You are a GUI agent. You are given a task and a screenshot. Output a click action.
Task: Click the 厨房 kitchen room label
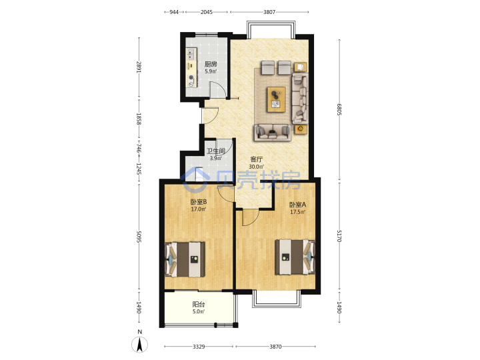point(211,64)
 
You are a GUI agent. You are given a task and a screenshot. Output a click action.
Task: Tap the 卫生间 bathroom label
point(216,151)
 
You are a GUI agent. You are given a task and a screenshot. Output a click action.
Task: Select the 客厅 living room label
point(256,159)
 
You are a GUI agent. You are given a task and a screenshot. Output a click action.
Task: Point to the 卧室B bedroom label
point(199,202)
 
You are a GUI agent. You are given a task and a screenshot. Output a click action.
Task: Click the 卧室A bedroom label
point(297,205)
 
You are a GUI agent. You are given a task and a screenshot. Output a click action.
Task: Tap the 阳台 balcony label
point(199,304)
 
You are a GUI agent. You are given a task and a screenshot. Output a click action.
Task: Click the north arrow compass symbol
point(139,344)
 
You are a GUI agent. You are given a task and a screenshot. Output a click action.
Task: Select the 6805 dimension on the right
point(339,109)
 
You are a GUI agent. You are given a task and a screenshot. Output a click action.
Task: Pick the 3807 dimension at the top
point(269,12)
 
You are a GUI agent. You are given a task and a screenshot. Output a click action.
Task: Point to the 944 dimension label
point(174,12)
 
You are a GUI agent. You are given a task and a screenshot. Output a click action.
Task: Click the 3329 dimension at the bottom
point(199,347)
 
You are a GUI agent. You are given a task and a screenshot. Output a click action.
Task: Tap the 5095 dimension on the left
point(139,237)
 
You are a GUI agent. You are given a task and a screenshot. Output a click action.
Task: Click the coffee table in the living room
point(276,99)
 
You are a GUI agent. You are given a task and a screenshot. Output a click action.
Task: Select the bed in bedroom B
point(185,259)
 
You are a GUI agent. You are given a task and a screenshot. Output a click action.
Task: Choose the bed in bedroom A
point(295,257)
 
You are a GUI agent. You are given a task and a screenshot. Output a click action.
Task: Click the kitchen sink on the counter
point(191,55)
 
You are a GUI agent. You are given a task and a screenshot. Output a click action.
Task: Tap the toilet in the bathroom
point(199,174)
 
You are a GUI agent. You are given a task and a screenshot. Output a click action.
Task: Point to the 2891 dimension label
point(139,67)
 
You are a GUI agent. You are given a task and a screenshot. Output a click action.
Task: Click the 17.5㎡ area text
point(297,212)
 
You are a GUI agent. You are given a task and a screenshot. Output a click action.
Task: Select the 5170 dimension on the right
point(339,236)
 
